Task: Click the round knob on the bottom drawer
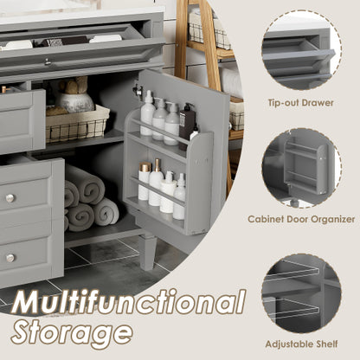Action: coord(10,257)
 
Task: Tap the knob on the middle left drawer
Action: coord(10,198)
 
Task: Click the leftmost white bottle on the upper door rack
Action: coord(147,115)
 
